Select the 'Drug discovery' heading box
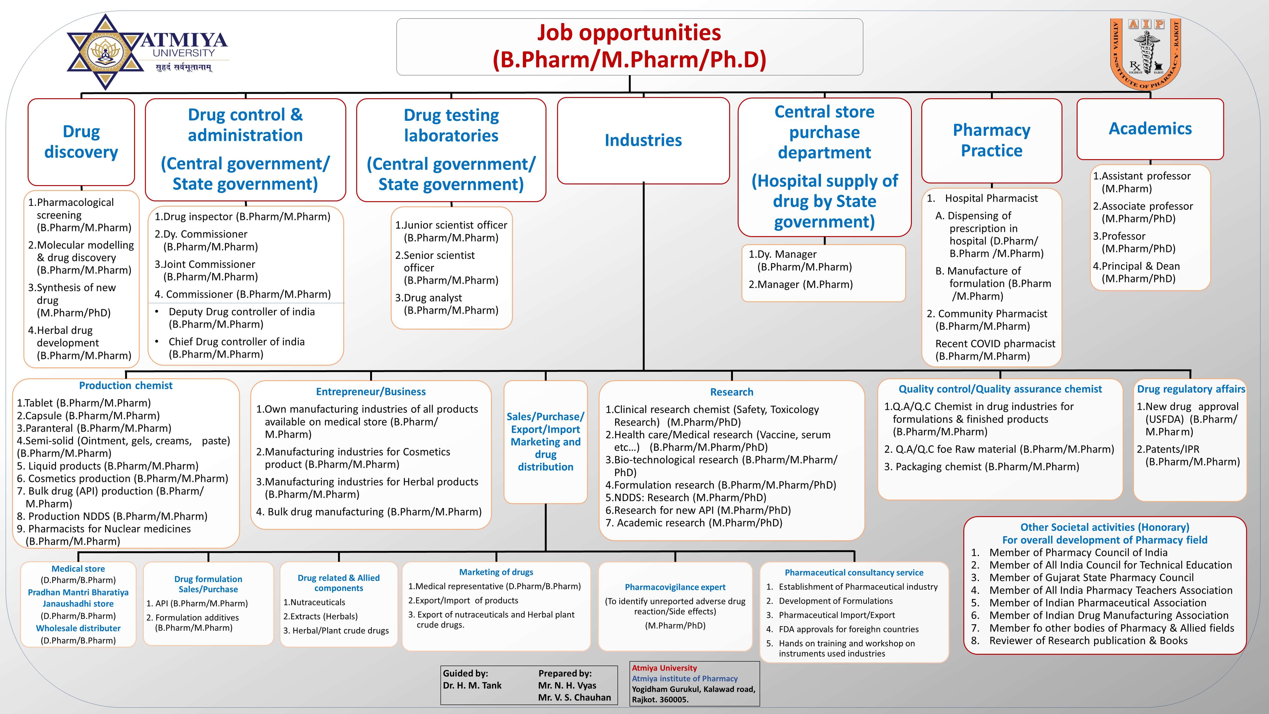tap(81, 142)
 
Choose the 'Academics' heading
tap(1150, 129)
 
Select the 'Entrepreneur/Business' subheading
tap(370, 392)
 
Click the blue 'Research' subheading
tap(732, 392)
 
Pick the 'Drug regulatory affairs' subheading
tap(1191, 389)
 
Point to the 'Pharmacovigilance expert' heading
tap(675, 587)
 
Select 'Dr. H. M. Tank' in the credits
tap(472, 685)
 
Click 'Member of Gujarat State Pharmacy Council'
tap(1091, 578)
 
